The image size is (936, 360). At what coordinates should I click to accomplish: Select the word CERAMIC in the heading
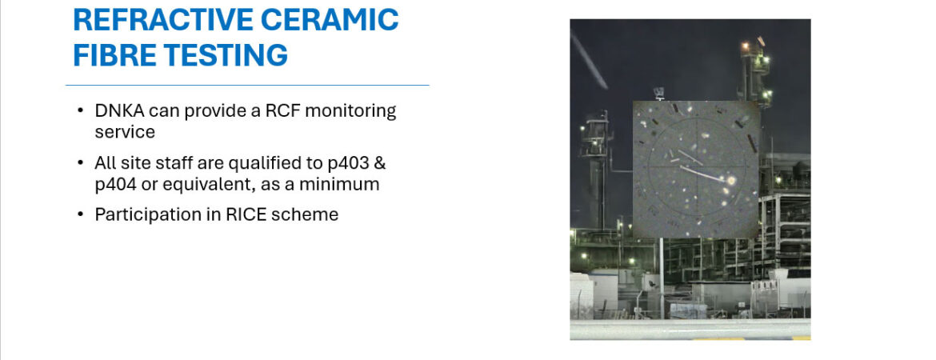tap(330, 20)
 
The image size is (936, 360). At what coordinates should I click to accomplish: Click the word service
tap(125, 132)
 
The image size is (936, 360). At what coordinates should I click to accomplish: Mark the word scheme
tap(305, 214)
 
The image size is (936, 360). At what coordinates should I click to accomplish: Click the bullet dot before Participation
tap(80, 215)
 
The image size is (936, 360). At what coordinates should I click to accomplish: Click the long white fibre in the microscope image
tap(703, 173)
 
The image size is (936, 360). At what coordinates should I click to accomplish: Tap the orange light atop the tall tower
tap(744, 45)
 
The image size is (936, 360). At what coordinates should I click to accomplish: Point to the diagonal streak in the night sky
tap(589, 59)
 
